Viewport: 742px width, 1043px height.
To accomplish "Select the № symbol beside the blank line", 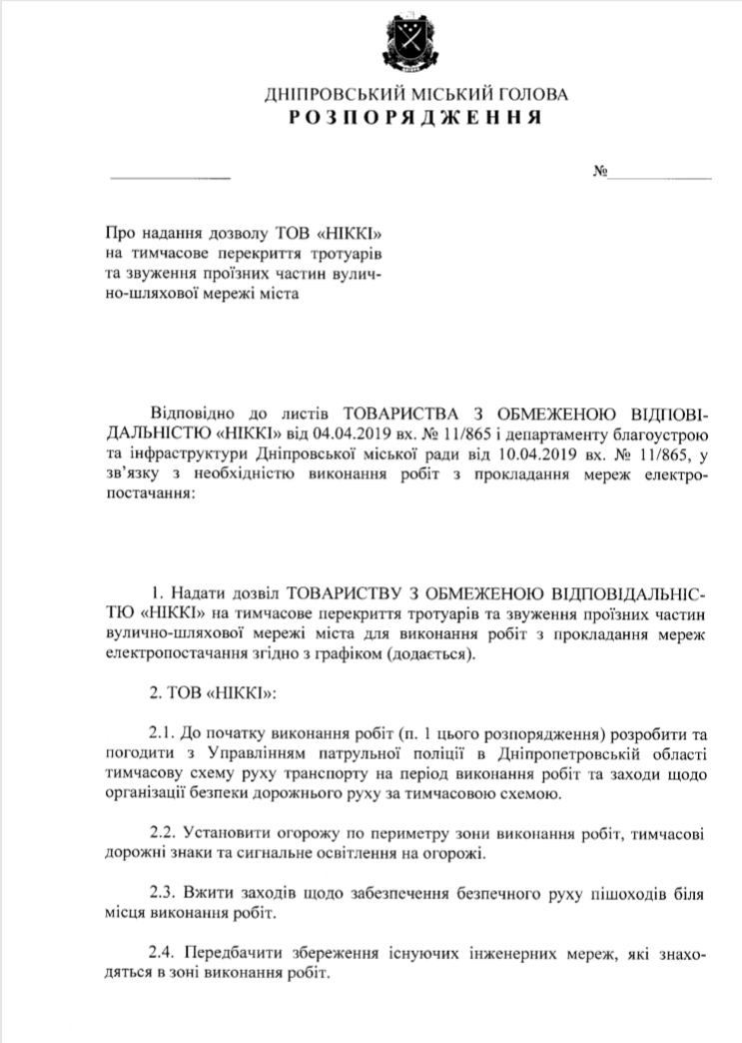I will click(x=601, y=172).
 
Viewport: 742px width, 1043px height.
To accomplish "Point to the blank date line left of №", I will click(x=170, y=176).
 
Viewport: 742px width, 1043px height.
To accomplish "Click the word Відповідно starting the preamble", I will click(x=192, y=417).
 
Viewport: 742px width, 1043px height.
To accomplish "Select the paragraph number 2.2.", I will click(x=164, y=833).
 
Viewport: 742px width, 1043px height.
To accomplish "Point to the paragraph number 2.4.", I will click(x=164, y=953).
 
